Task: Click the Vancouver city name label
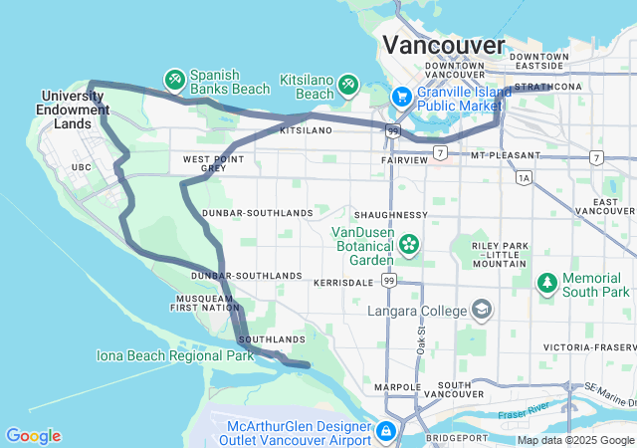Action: [x=445, y=45]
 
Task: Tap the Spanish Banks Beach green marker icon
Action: [x=174, y=78]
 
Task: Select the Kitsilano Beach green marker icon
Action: [x=348, y=84]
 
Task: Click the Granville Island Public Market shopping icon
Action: [x=402, y=98]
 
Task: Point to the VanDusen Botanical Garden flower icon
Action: [x=409, y=243]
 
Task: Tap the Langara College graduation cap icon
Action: [x=483, y=310]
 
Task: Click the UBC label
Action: [x=81, y=166]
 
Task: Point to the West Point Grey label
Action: [x=205, y=163]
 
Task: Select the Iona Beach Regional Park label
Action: [x=175, y=355]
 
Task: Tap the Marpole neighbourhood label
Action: [x=400, y=386]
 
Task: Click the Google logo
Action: [x=33, y=435]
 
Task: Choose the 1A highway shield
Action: [x=524, y=178]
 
